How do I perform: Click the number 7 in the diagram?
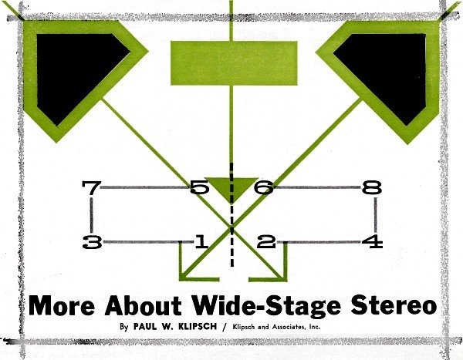[92, 187]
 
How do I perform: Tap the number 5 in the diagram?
[199, 187]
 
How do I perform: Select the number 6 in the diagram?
[264, 187]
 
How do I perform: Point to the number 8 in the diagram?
[372, 187]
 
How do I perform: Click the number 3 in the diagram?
[93, 242]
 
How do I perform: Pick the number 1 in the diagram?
[202, 242]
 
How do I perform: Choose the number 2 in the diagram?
[266, 242]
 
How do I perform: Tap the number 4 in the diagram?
[373, 242]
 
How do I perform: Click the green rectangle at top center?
[234, 63]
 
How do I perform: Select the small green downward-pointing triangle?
[231, 189]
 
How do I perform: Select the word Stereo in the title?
[394, 305]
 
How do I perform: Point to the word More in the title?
[62, 305]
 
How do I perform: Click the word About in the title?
[143, 305]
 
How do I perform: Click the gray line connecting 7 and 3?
[91, 215]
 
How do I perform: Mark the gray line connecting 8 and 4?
[376, 215]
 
